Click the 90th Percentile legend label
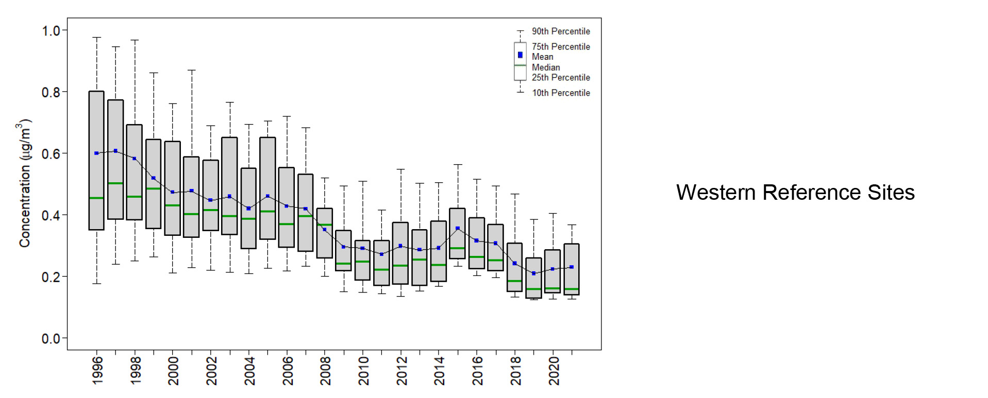(561, 31)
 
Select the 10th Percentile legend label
(561, 93)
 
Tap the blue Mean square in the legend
(520, 55)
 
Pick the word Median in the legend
(546, 67)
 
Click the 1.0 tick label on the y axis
(51, 31)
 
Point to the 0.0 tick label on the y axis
(51, 339)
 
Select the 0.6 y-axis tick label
(51, 154)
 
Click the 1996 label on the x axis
(97, 370)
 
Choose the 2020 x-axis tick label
(554, 370)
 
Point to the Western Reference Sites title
(795, 193)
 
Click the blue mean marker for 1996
(96, 153)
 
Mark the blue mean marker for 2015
(458, 228)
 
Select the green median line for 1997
(115, 183)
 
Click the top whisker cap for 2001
(192, 70)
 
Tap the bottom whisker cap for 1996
(96, 284)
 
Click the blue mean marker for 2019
(533, 273)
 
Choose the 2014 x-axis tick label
(440, 370)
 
